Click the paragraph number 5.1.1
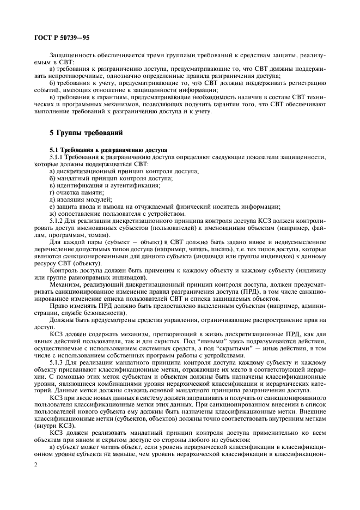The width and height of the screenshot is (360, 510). point(58,156)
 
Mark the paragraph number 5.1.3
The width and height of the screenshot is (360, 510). point(58,362)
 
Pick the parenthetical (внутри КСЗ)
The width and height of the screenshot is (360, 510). point(54,425)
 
